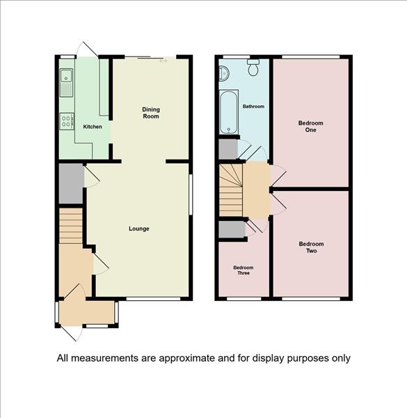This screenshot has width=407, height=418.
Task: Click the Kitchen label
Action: [x=93, y=127]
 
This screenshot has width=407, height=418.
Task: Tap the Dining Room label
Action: [x=151, y=113]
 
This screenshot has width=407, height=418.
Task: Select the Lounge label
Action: [x=139, y=229]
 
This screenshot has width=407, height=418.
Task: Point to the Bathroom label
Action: [x=253, y=107]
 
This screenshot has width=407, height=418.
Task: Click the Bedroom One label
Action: [x=310, y=126]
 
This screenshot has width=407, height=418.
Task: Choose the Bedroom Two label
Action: [x=311, y=247]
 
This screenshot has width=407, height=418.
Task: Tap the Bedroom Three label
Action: [x=244, y=270]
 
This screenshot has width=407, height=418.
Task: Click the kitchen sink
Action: [x=67, y=83]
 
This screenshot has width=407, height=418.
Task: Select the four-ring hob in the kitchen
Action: [x=67, y=121]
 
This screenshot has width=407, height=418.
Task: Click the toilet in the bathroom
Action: [x=253, y=67]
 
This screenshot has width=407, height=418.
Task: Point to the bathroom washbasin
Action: [x=224, y=72]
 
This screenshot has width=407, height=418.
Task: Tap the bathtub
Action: [x=229, y=112]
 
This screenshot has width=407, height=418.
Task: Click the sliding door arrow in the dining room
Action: [x=163, y=61]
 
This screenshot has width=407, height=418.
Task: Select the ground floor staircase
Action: [x=70, y=226]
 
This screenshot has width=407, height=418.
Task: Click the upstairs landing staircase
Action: [x=231, y=189]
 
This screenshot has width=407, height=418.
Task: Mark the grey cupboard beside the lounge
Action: [x=71, y=183]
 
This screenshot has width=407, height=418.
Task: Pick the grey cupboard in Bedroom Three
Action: [x=232, y=229]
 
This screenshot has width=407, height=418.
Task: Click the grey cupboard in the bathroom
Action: [x=228, y=149]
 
